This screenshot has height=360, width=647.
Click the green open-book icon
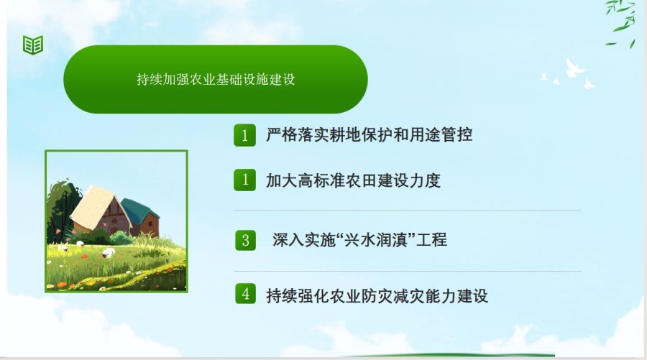tap(33, 45)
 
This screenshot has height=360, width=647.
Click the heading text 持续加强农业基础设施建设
tap(216, 79)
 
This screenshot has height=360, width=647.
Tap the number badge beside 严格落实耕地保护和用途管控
tap(244, 135)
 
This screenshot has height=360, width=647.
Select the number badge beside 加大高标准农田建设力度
tap(244, 180)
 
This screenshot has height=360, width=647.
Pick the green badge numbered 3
tap(246, 240)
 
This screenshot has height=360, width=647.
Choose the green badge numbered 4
tap(246, 294)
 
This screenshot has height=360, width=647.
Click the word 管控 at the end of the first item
tap(456, 135)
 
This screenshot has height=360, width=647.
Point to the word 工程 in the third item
tap(431, 239)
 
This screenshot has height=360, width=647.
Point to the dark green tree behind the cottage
tap(62, 211)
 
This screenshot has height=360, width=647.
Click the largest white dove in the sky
tap(574, 68)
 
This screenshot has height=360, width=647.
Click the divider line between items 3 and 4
tap(408, 272)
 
